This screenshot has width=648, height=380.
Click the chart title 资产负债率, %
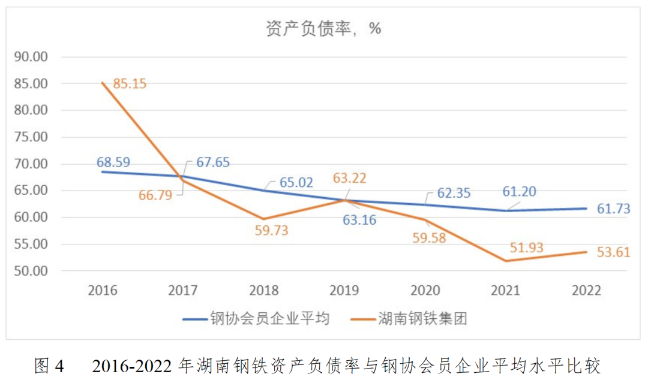coord(323,28)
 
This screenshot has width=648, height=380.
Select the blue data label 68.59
coord(113,162)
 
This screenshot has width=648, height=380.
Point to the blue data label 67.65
coord(213,162)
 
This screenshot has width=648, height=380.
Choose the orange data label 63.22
coord(349,179)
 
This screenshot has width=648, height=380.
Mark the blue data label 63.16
coord(359,220)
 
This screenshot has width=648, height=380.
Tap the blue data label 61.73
coord(613,209)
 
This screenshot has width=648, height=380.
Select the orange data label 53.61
coord(613,252)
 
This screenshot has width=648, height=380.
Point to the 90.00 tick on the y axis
coord(31,57)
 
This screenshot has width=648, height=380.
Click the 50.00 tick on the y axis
coord(31,271)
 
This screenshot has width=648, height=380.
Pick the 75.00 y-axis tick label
coord(31,137)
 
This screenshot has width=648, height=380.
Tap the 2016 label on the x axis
coord(103,291)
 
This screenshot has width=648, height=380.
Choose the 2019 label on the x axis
coord(344,291)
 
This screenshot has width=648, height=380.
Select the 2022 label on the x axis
coord(586,291)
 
